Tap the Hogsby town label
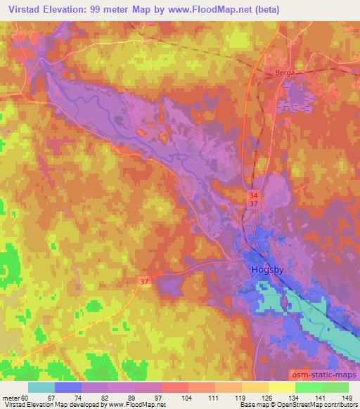click(x=268, y=269)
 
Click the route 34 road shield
click(x=252, y=193)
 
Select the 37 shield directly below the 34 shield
click(x=252, y=204)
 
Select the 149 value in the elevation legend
click(x=347, y=398)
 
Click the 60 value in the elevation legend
click(x=25, y=398)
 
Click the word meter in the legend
click(x=11, y=398)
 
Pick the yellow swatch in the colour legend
click(x=282, y=388)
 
